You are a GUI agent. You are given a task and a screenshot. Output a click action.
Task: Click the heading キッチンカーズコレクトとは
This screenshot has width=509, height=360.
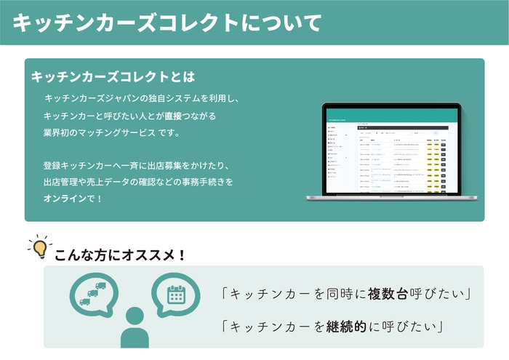pos(113,76)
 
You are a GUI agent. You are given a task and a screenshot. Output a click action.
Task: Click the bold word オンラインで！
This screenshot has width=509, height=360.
pos(73,198)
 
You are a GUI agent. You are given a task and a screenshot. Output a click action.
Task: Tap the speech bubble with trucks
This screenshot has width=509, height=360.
pos(94,293)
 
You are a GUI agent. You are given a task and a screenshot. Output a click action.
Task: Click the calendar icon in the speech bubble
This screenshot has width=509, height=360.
pos(176,294)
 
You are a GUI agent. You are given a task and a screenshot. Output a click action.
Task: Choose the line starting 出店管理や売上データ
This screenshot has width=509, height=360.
pos(138,181)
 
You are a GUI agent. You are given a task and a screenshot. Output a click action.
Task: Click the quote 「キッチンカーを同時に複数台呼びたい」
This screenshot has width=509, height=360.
pos(348,295)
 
